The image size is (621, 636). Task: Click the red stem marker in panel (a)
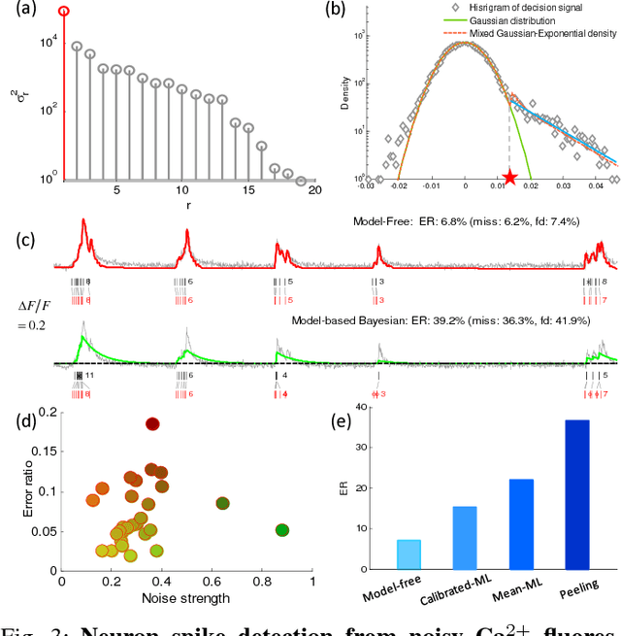click(x=64, y=12)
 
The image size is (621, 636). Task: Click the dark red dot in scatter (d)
click(x=152, y=423)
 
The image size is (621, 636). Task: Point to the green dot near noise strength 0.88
click(x=282, y=530)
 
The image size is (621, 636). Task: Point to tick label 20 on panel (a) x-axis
click(x=315, y=192)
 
